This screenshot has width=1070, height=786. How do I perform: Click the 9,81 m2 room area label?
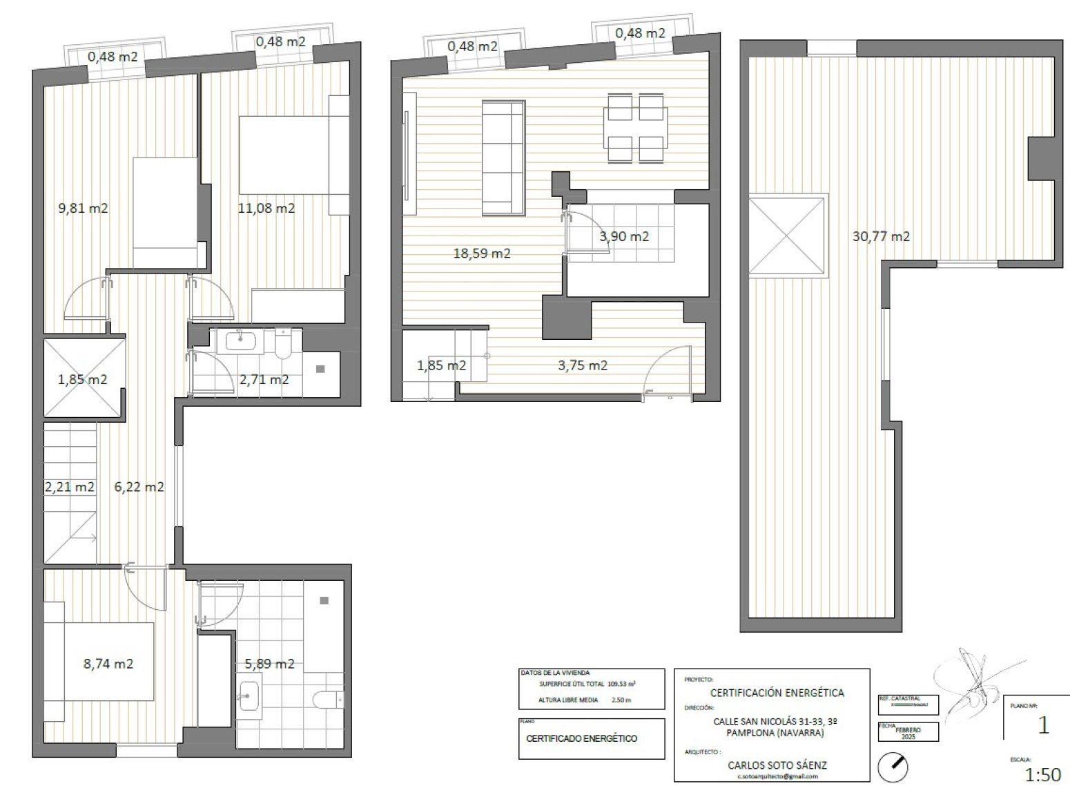(83, 208)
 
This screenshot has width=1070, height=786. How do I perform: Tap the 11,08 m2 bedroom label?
(266, 208)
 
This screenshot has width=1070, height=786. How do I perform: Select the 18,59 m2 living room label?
(481, 253)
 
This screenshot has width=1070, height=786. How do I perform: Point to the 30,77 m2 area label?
(881, 236)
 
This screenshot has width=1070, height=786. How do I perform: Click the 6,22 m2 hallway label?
(139, 487)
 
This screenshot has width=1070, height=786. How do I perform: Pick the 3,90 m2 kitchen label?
(624, 236)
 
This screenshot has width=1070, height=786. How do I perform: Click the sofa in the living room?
(503, 157)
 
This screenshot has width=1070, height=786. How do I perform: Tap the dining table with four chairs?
(635, 128)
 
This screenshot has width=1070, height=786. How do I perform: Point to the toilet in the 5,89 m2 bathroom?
(327, 699)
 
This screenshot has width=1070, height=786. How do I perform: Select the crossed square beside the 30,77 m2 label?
(788, 236)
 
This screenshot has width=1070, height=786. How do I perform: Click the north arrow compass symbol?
(892, 766)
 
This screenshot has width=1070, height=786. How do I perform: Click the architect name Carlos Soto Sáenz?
(777, 765)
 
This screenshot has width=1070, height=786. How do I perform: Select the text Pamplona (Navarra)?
(777, 733)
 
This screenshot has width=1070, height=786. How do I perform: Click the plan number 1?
(1043, 726)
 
